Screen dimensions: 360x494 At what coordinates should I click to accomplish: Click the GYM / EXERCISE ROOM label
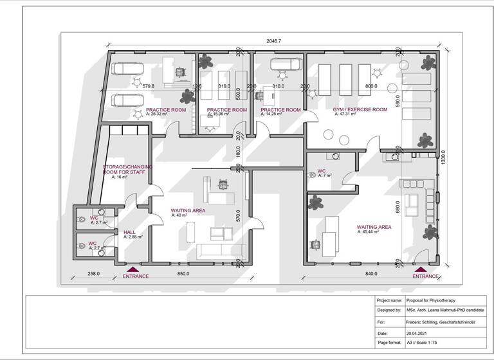coord(360,110)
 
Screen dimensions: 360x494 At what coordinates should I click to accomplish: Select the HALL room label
coord(129,232)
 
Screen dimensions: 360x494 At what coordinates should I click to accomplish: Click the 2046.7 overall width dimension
coord(275,41)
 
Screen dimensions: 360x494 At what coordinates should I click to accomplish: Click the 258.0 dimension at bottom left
coord(94,274)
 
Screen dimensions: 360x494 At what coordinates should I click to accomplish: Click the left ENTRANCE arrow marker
coord(133,269)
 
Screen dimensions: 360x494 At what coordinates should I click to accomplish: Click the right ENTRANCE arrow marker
coord(421,269)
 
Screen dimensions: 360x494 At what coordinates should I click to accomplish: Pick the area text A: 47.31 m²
coord(348,114)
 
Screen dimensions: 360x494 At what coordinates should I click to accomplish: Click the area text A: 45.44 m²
coord(372,231)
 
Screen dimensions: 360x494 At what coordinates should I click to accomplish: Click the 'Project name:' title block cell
coord(390,300)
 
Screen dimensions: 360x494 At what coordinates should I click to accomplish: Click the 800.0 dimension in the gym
coord(371,86)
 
